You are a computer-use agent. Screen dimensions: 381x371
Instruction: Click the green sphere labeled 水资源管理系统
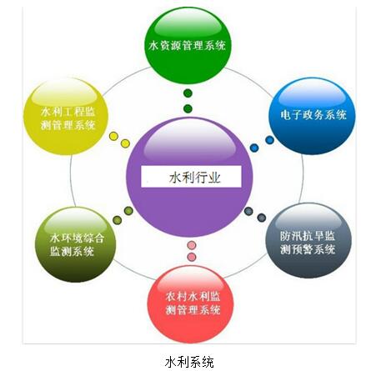[188, 45]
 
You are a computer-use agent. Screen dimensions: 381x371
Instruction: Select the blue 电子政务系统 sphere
[312, 116]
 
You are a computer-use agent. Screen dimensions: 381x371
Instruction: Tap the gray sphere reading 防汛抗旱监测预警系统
[308, 241]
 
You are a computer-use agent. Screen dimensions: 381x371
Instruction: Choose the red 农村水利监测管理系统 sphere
[191, 304]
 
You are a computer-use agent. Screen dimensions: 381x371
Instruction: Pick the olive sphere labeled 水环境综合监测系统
[75, 244]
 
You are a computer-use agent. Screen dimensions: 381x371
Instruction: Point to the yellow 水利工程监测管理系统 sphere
[66, 116]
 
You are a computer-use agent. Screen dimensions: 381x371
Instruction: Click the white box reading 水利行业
[191, 177]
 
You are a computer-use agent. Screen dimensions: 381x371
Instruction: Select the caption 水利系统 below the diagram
[189, 362]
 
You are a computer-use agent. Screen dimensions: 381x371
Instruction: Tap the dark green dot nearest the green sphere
[188, 93]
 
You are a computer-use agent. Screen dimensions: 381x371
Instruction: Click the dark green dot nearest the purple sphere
[188, 108]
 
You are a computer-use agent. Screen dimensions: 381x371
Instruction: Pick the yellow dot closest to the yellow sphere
[113, 136]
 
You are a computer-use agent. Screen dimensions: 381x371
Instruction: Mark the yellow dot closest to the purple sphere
[126, 143]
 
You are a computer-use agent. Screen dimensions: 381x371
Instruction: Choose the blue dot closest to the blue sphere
[269, 140]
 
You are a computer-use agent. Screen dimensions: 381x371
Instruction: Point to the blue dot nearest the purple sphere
[254, 148]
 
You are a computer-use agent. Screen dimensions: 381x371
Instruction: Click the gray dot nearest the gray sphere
[262, 218]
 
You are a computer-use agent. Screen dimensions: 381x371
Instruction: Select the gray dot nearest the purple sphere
[248, 211]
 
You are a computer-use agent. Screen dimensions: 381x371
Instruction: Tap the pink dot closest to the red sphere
[192, 257]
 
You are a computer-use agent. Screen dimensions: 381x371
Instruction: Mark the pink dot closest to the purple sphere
[192, 245]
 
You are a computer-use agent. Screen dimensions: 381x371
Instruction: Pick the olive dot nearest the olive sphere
[118, 220]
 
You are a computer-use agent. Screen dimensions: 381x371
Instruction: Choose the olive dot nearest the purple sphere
[128, 211]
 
